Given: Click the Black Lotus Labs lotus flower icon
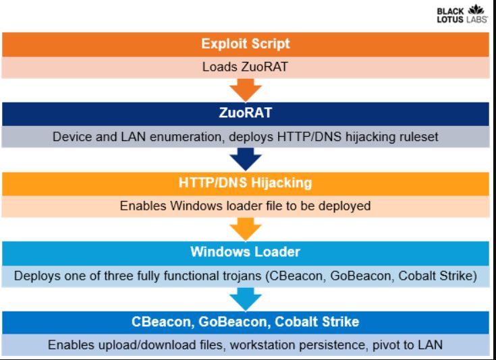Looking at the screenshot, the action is (x=476, y=9).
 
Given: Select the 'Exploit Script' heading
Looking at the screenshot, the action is (x=246, y=44).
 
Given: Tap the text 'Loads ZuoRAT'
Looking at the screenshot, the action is (x=245, y=67).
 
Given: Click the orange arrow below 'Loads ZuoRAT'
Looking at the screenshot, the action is (x=246, y=90).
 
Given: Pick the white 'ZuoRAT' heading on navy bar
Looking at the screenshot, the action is (x=246, y=113).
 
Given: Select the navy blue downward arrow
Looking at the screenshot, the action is (x=246, y=159).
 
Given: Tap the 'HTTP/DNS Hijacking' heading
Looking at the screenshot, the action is (x=246, y=183).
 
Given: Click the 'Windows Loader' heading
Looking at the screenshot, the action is (x=246, y=252).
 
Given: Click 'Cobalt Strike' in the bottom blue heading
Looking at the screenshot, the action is (x=317, y=322).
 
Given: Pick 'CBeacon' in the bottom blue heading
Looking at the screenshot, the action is (x=161, y=322).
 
